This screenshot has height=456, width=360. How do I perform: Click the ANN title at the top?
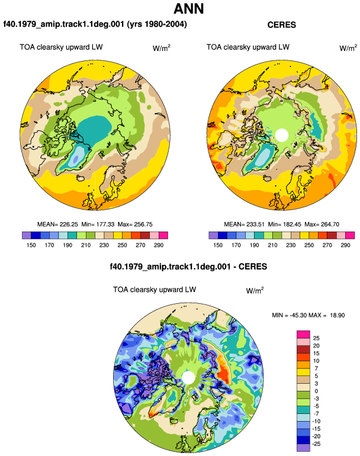pyautogui.click(x=188, y=8)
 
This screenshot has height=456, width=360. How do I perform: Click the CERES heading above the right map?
pyautogui.click(x=281, y=25)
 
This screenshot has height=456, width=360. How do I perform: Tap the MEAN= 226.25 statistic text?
pyautogui.click(x=57, y=224)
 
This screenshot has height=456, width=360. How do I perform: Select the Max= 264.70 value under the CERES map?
pyautogui.click(x=322, y=224)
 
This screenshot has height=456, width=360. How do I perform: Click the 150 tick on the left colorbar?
pyautogui.click(x=31, y=245)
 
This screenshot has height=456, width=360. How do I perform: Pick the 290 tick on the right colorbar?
pyautogui.click(x=345, y=245)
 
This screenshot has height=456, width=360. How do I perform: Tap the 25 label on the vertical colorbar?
pyautogui.click(x=316, y=338)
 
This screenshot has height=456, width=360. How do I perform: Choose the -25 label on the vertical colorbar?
pyautogui.click(x=316, y=444)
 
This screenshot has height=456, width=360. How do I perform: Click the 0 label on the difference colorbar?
pyautogui.click(x=316, y=391)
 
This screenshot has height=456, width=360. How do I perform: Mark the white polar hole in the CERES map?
pyautogui.click(x=281, y=136)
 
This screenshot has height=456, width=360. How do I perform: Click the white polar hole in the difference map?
pyautogui.click(x=188, y=377)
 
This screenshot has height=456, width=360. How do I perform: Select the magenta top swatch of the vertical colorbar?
pyautogui.click(x=303, y=334)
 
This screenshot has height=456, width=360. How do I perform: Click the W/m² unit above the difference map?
pyautogui.click(x=255, y=290)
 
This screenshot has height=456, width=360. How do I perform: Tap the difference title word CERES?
pyautogui.click(x=253, y=266)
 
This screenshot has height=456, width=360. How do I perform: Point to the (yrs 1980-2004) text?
pyautogui.click(x=157, y=24)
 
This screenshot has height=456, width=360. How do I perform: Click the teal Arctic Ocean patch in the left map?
pyautogui.click(x=95, y=129)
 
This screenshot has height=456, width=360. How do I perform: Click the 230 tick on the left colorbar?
pyautogui.click(x=104, y=245)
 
